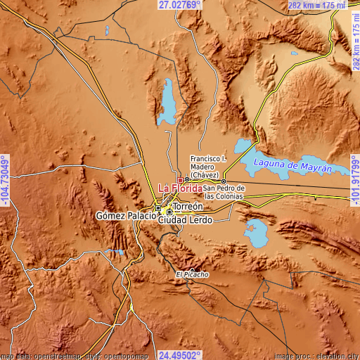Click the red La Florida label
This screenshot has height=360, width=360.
coord(181,188)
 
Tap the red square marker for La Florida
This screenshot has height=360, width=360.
coord(180,180)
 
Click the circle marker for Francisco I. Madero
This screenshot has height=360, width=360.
coord(187,180)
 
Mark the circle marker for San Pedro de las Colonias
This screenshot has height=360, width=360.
coord(224,181)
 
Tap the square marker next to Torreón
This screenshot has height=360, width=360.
coord(169,211)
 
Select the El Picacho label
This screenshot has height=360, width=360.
coord(189,274)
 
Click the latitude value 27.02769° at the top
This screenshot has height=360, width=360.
coord(179,5)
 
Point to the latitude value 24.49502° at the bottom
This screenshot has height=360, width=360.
coord(179,355)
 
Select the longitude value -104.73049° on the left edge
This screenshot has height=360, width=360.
coord(5,181)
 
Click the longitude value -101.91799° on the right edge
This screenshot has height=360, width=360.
coord(354,181)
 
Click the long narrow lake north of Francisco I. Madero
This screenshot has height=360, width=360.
coord(169,100)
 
